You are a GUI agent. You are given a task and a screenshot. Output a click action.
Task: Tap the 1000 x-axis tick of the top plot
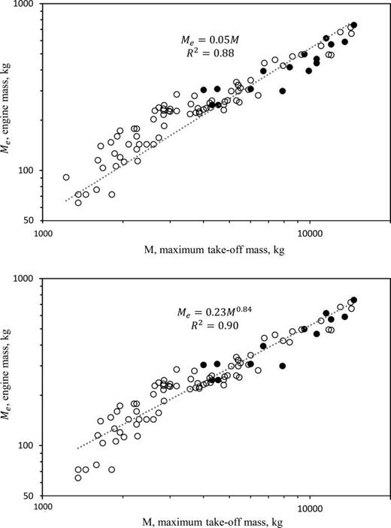coord(42,234)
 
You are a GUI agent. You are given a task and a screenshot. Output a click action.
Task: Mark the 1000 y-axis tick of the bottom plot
coord(27,279)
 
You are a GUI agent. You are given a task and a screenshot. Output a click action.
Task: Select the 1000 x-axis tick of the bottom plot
coord(42,508)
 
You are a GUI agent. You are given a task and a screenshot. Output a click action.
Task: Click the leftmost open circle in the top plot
coord(66,178)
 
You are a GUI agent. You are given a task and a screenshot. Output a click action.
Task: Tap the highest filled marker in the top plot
coord(353,25)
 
